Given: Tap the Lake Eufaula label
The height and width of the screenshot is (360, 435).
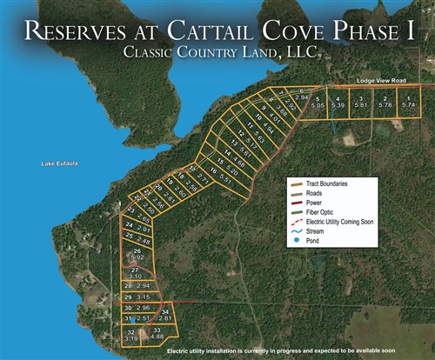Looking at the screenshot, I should coord(59,163).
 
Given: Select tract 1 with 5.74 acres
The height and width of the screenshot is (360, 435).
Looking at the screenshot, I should coord(408,101).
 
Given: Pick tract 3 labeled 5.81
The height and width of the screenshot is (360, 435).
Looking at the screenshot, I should coord(359,102).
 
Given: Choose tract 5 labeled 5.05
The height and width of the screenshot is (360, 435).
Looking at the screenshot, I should coord(318,102).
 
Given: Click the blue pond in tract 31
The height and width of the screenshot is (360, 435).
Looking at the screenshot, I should coord(132,321).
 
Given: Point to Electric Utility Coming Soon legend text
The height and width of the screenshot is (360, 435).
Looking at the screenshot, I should coord(339,222).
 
